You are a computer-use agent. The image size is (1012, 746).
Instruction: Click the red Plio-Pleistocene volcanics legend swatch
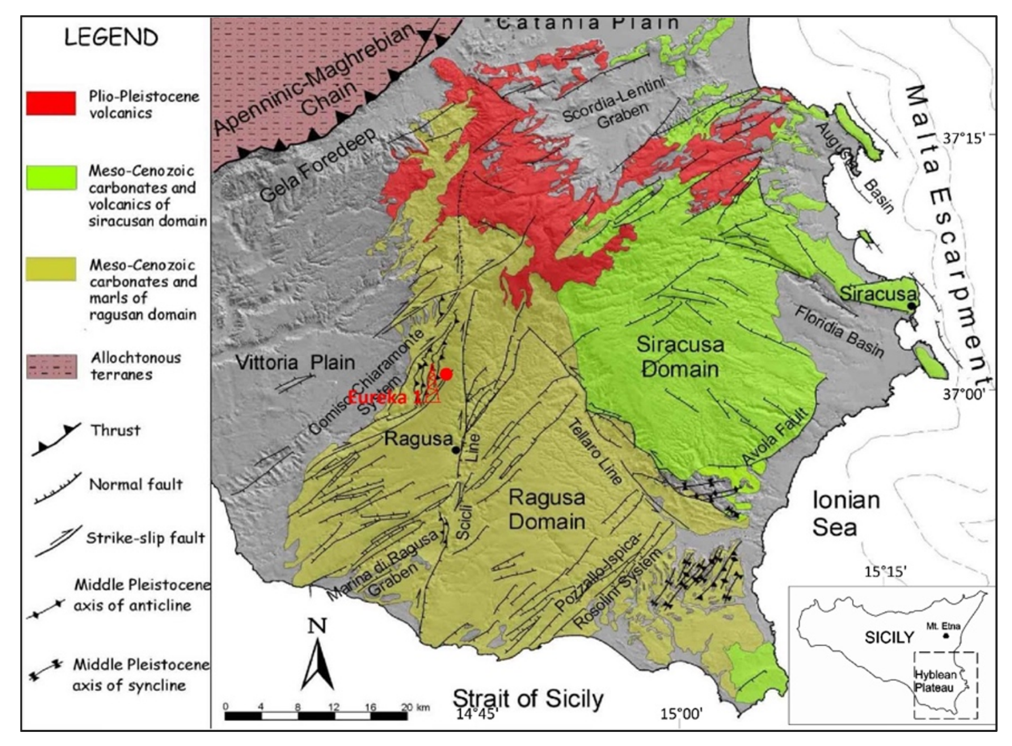tap(51, 103)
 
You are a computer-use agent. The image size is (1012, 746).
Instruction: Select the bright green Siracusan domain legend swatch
tap(51, 177)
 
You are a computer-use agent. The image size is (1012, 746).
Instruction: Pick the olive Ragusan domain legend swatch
tap(51, 269)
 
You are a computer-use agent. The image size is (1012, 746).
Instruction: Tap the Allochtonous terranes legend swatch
tap(51, 366)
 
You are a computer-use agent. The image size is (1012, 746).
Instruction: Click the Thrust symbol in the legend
tap(56, 439)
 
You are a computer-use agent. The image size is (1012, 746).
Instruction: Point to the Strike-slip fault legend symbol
tap(58, 540)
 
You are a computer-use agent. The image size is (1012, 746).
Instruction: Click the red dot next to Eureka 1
tap(446, 374)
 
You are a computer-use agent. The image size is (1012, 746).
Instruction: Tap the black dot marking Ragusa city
tap(456, 450)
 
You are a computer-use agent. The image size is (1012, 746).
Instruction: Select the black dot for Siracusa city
tap(912, 306)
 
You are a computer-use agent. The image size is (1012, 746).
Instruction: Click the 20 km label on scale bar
tap(415, 707)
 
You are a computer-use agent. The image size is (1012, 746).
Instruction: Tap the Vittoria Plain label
tap(296, 362)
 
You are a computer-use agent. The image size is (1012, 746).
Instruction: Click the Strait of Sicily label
tap(528, 699)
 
